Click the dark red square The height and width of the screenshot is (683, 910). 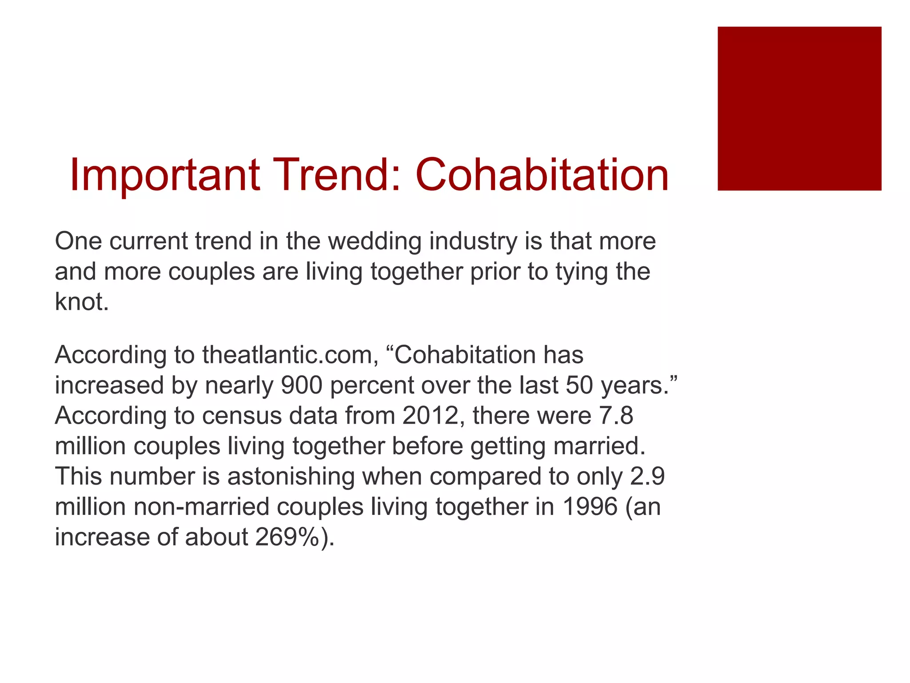pyautogui.click(x=799, y=108)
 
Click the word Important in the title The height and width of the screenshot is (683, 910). pyautogui.click(x=164, y=175)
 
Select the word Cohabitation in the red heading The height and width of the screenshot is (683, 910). pyautogui.click(x=542, y=175)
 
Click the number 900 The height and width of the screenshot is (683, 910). pyautogui.click(x=301, y=386)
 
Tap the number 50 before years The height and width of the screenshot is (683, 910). pyautogui.click(x=579, y=386)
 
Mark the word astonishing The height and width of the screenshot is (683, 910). pyautogui.click(x=291, y=476)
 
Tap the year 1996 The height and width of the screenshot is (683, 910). pyautogui.click(x=590, y=507)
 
